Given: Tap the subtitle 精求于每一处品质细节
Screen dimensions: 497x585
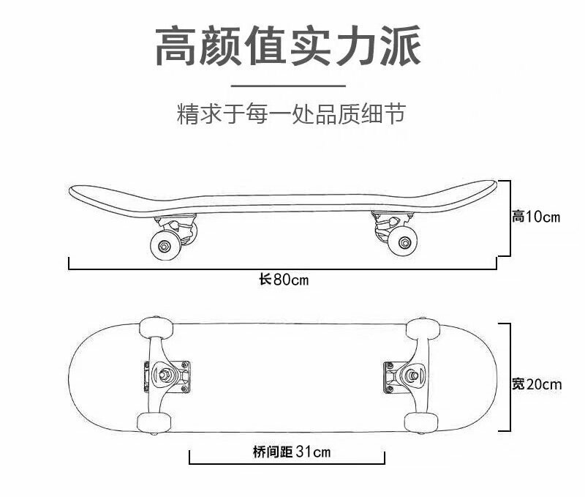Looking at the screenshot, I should pos(290,114).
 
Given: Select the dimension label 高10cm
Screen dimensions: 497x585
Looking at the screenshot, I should pos(535,217).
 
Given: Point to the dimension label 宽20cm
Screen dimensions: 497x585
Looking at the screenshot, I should pos(537,384).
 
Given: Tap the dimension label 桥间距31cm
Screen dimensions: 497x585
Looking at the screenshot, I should pos(287,452).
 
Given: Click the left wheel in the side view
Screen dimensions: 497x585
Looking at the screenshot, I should pos(165,244).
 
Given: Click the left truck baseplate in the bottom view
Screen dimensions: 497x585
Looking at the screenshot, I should pos(176,375).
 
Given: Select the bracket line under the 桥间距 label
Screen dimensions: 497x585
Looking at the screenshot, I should pos(287,463).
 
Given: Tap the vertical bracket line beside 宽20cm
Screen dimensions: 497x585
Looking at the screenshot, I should pos(507,377).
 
